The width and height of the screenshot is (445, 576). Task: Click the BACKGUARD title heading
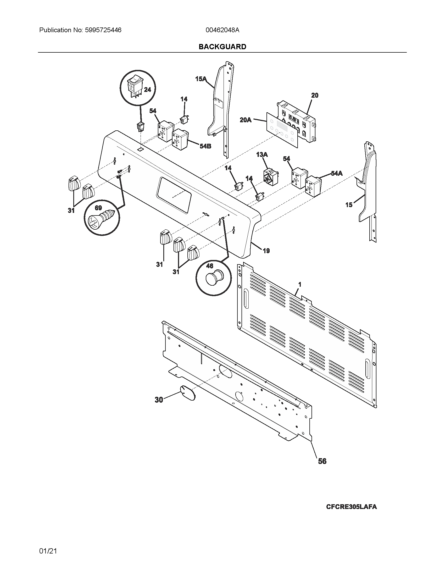222,47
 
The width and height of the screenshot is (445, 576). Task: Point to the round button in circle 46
214,279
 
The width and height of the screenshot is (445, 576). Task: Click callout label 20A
246,120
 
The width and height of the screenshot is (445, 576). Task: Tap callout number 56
322,461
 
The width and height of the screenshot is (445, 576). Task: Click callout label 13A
262,154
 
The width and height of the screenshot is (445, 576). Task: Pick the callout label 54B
205,146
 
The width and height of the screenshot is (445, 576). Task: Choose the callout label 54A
337,173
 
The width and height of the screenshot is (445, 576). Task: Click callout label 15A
201,79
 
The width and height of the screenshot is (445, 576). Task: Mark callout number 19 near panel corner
266,251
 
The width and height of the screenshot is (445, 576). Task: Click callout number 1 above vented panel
299,285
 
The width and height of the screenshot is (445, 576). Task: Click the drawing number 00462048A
222,30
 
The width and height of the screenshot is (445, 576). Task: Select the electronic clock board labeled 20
296,121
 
